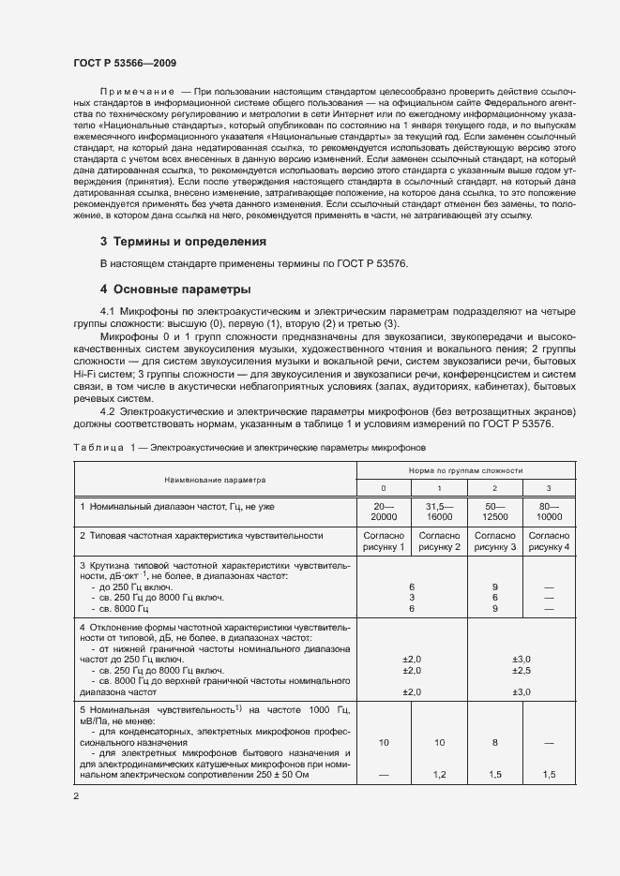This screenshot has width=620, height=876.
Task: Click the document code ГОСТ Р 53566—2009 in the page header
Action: pyautogui.click(x=125, y=62)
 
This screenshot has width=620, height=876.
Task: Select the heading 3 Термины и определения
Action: pyautogui.click(x=183, y=241)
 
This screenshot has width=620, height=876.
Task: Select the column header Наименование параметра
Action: pyautogui.click(x=215, y=479)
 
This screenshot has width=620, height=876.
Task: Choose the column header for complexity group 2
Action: pyautogui.click(x=494, y=489)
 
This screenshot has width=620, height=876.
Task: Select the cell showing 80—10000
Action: pyautogui.click(x=549, y=511)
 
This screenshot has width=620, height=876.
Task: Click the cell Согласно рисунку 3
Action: pyautogui.click(x=494, y=541)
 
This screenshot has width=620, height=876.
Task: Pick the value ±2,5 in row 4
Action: pyautogui.click(x=522, y=671)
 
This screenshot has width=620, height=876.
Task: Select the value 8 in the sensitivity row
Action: pyautogui.click(x=494, y=741)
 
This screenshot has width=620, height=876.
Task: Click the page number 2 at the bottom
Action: pyautogui.click(x=76, y=796)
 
